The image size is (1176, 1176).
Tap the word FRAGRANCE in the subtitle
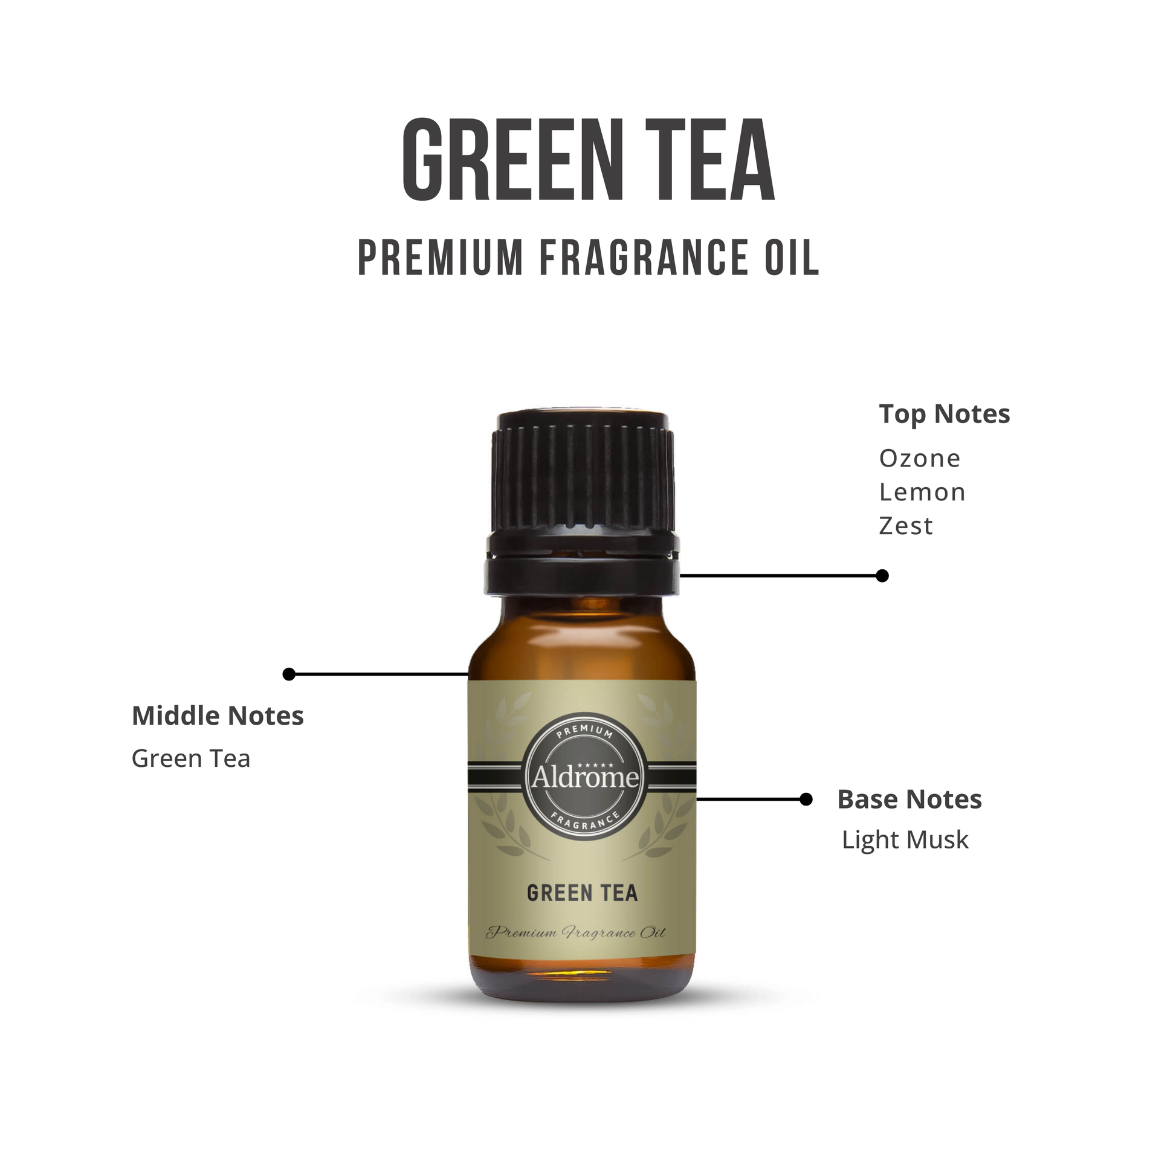(644, 257)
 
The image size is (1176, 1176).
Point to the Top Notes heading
(944, 415)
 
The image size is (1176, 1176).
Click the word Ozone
(919, 459)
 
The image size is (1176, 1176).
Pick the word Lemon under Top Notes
(922, 493)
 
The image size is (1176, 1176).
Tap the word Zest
(906, 526)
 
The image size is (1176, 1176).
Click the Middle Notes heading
(218, 716)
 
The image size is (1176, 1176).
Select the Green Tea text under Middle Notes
(191, 759)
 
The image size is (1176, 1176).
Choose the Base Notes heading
(909, 800)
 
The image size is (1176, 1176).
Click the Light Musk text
(905, 841)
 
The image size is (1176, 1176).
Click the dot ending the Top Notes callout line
(882, 576)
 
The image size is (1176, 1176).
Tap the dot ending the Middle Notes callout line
(289, 674)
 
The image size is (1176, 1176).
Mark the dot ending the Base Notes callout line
(806, 800)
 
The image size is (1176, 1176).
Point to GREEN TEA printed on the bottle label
(582, 893)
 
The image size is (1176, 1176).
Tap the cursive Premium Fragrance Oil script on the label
(576, 932)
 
